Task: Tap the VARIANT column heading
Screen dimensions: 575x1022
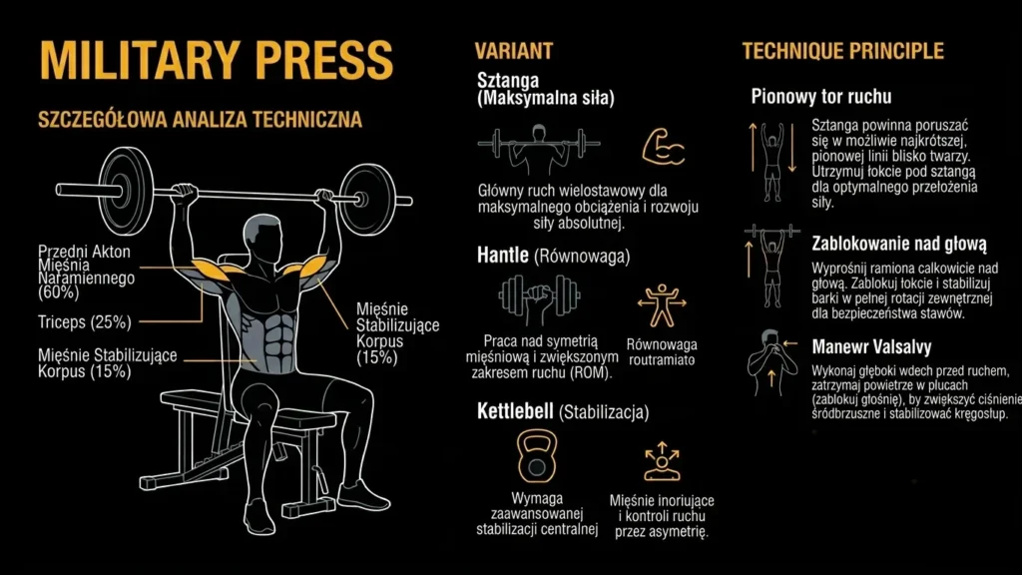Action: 513,51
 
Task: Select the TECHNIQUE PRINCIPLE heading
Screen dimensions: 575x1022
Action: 842,51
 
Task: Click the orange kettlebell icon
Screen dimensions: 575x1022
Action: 537,456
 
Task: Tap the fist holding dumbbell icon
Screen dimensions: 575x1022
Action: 539,297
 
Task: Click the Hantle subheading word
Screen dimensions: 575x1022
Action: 503,256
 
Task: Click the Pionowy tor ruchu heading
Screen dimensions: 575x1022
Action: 820,97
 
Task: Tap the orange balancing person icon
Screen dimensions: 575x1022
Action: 660,303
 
